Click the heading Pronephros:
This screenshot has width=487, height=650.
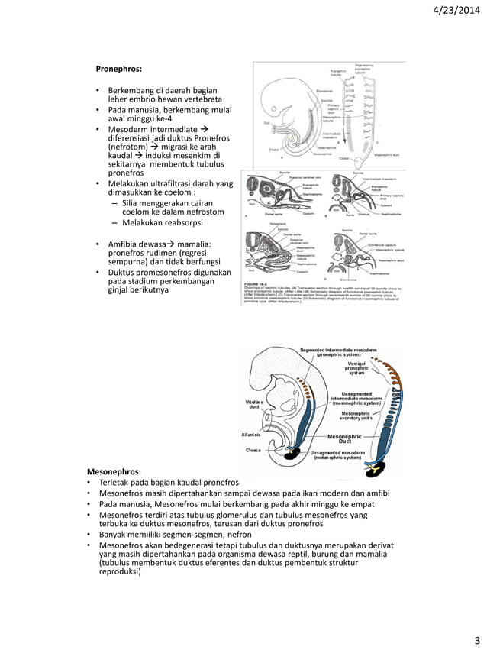pos(118,69)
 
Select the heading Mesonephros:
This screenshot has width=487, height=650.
pos(114,472)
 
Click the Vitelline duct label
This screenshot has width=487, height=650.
pos(255,403)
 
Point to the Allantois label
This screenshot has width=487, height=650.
pos(251,435)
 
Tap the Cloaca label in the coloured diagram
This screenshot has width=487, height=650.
pos(253,451)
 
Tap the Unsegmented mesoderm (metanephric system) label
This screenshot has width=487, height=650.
pos(340,455)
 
